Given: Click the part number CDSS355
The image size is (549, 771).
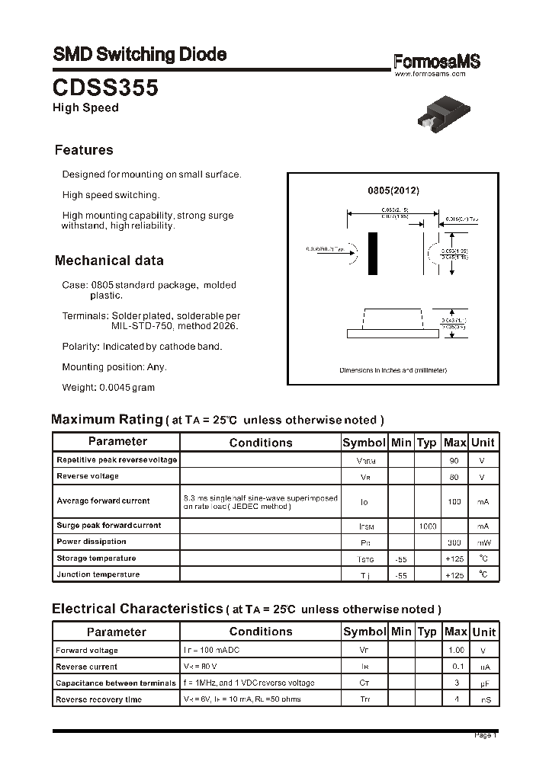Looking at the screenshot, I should point(105,88).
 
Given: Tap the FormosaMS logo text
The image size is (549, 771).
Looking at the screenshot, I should point(437,62).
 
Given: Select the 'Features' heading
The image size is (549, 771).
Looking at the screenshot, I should point(84,150).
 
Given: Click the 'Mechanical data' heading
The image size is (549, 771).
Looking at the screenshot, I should point(109,261).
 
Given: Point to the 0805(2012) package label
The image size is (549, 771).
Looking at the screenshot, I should point(393,190).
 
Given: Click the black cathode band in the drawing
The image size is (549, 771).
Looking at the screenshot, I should point(373,253).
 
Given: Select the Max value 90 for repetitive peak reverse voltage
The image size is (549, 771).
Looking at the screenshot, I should point(454,461).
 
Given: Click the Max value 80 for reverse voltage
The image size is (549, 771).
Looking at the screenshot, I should point(454,477).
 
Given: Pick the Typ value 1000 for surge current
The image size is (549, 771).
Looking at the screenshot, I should point(427,526).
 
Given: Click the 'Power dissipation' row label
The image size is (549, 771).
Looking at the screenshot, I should point(91,542).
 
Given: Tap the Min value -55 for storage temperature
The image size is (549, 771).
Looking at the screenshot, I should point(400,558).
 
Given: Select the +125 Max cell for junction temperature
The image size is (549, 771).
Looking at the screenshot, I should point(454,575).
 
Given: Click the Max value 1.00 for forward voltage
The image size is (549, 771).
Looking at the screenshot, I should point(455,651).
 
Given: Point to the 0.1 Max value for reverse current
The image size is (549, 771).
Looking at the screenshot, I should point(458,667).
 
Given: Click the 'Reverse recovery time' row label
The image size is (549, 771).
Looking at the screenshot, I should point(99,699).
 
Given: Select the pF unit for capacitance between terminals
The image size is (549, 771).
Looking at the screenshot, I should point(483,683).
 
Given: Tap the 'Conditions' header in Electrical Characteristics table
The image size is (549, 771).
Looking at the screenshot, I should point(261,632).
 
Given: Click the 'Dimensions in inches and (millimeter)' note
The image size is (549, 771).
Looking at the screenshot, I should point(393,370).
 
